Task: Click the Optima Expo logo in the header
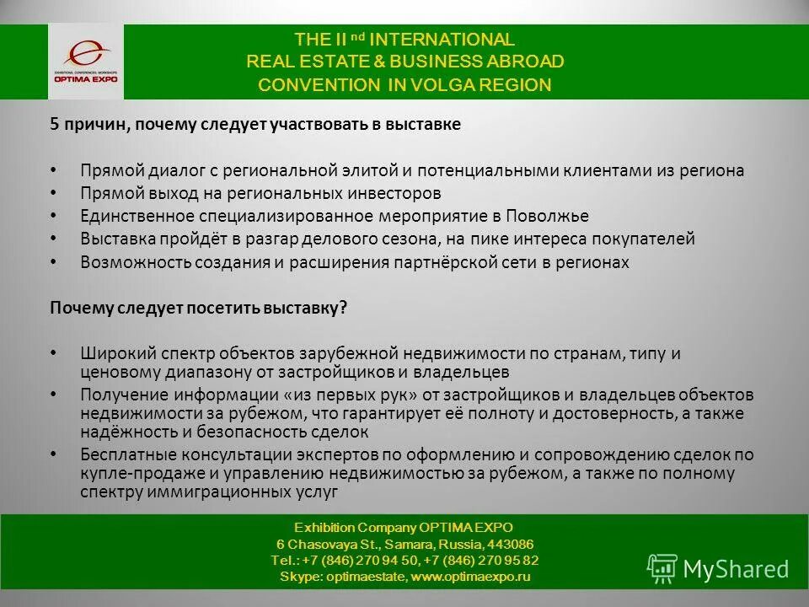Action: click(x=85, y=61)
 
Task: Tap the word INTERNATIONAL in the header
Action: click(x=442, y=40)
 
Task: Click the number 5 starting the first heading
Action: click(x=53, y=125)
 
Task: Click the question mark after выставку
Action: click(x=343, y=309)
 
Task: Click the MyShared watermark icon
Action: click(x=662, y=569)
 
